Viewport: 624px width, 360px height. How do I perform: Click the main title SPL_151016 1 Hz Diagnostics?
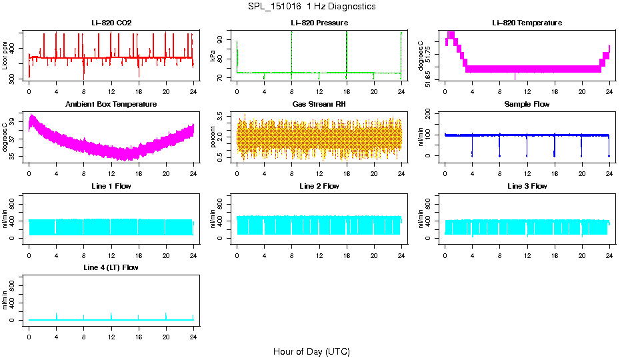pos(311,7)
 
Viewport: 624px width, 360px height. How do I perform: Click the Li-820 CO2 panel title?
pos(111,23)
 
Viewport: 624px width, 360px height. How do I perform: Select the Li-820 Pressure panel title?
pos(319,23)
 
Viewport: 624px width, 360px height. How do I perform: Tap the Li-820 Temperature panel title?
pos(527,23)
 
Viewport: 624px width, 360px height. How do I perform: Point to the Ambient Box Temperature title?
pos(111,105)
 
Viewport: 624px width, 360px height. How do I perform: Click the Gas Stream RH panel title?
pos(319,105)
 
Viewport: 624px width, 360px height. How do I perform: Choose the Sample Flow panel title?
pos(527,105)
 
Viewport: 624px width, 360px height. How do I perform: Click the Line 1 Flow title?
pos(111,186)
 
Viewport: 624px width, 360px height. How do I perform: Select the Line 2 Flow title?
pos(319,186)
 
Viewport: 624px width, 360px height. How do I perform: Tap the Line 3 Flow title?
pos(527,186)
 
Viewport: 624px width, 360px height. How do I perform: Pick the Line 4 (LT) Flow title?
pos(111,267)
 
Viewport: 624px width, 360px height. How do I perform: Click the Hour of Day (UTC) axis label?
pos(311,351)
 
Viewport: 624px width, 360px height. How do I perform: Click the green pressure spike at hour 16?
pos(347,50)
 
